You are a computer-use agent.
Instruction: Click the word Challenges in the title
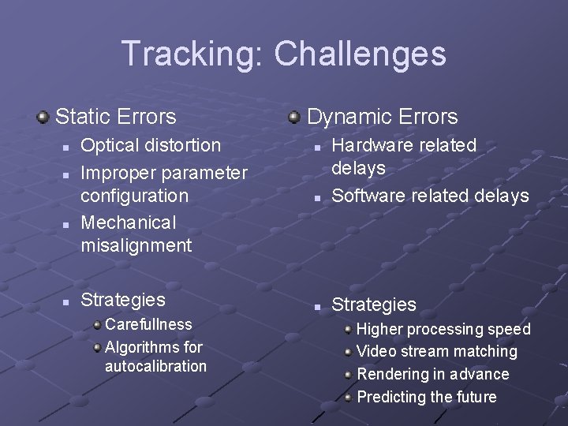pyautogui.click(x=360, y=54)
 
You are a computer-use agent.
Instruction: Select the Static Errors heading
pyautogui.click(x=116, y=117)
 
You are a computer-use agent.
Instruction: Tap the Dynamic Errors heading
pyautogui.click(x=382, y=117)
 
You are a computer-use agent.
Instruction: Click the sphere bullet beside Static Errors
pyautogui.click(x=43, y=118)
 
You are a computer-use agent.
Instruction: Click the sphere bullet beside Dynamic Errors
pyautogui.click(x=294, y=118)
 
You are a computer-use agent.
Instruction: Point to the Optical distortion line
pyautogui.click(x=151, y=145)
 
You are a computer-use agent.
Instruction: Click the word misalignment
pyautogui.click(x=136, y=245)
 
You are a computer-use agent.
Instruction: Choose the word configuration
pyautogui.click(x=134, y=195)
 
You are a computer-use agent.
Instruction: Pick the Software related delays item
pyautogui.click(x=430, y=196)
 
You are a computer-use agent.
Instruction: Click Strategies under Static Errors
pyautogui.click(x=123, y=300)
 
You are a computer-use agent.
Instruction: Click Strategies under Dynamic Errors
pyautogui.click(x=374, y=305)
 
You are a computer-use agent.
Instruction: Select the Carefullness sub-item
pyautogui.click(x=148, y=324)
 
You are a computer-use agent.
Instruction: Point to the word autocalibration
pyautogui.click(x=155, y=366)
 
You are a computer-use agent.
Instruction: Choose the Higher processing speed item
pyautogui.click(x=443, y=329)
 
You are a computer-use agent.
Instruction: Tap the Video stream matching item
pyautogui.click(x=437, y=352)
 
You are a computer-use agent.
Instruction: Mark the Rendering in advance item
pyautogui.click(x=433, y=374)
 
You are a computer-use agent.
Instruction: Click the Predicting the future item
pyautogui.click(x=427, y=397)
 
